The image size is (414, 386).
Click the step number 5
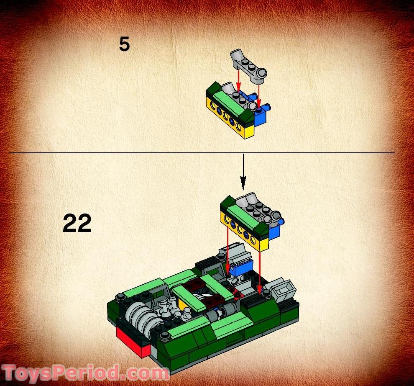[124, 44]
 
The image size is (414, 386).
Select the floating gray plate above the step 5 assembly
[248, 67]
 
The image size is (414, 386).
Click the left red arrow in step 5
[238, 82]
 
